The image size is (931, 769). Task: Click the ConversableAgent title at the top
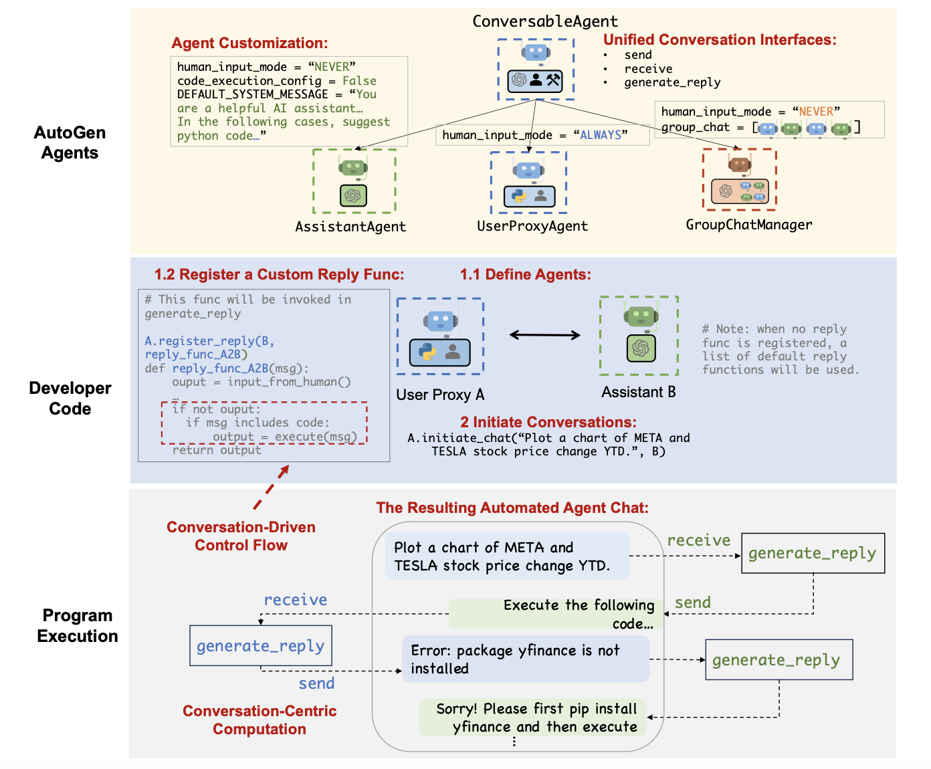[x=545, y=21]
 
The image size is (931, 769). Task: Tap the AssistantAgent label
[x=350, y=227]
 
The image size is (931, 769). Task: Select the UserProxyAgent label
[x=532, y=226]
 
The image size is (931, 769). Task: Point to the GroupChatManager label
[x=749, y=225]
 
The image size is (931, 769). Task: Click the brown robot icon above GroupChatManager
[x=739, y=164]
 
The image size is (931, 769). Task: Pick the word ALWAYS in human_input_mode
[x=601, y=135]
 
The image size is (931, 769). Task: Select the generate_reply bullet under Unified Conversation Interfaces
[x=672, y=83]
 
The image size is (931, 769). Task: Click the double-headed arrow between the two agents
[x=544, y=335]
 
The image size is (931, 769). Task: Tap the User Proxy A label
[x=440, y=395]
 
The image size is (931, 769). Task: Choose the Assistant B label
[x=638, y=392]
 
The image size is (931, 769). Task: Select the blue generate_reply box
[x=261, y=645]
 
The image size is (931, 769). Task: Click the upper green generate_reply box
[x=813, y=553]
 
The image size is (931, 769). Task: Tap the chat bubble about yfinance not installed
[x=525, y=659]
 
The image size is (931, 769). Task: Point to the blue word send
[x=316, y=683]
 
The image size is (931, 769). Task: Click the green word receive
[x=698, y=540]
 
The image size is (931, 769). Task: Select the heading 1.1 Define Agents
[x=525, y=274]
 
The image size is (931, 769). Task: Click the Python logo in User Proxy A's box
[x=427, y=351]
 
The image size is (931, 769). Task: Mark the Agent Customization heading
[x=249, y=43]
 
